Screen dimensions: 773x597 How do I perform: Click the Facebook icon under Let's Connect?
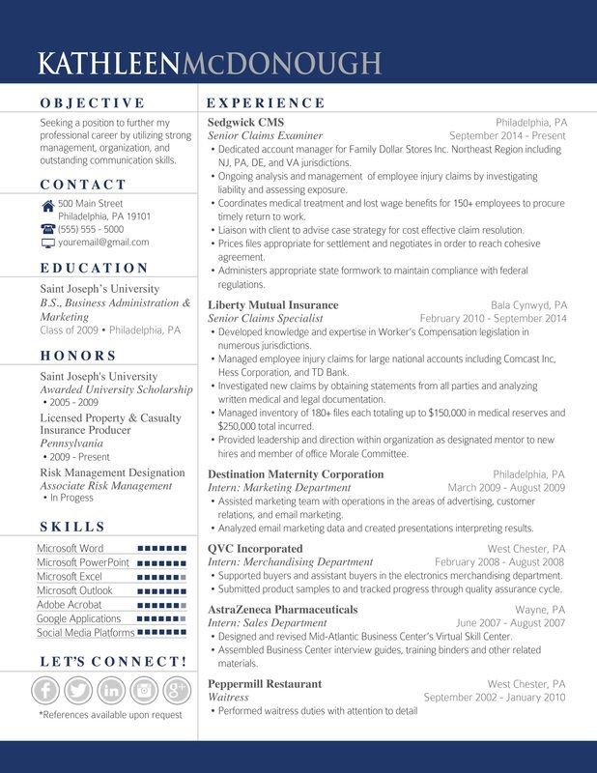click(x=47, y=690)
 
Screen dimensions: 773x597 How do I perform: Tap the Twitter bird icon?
click(x=79, y=690)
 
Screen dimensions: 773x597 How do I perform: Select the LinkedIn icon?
click(x=112, y=690)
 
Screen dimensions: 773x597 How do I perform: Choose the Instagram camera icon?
click(x=144, y=690)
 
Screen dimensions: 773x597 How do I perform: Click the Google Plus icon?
click(x=176, y=690)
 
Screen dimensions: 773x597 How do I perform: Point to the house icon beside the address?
click(x=47, y=205)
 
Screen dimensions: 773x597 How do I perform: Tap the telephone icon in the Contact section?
click(x=47, y=229)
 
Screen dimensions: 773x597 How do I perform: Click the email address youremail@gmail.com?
click(x=103, y=243)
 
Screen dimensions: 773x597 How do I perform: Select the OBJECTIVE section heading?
click(x=92, y=102)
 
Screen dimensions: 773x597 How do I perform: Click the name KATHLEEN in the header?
click(x=108, y=64)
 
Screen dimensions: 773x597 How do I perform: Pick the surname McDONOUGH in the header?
click(x=280, y=64)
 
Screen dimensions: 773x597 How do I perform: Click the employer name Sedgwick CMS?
click(x=245, y=123)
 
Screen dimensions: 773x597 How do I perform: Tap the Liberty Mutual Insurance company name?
click(x=273, y=304)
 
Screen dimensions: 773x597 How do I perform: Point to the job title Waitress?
click(x=228, y=697)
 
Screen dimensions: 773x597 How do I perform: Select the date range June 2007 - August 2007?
click(x=511, y=623)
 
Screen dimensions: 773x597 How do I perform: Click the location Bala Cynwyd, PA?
click(x=528, y=304)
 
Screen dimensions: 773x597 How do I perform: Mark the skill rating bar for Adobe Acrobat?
click(x=161, y=605)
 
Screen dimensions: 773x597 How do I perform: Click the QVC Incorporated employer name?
click(x=255, y=549)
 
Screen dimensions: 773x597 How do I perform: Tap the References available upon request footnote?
click(x=110, y=715)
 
